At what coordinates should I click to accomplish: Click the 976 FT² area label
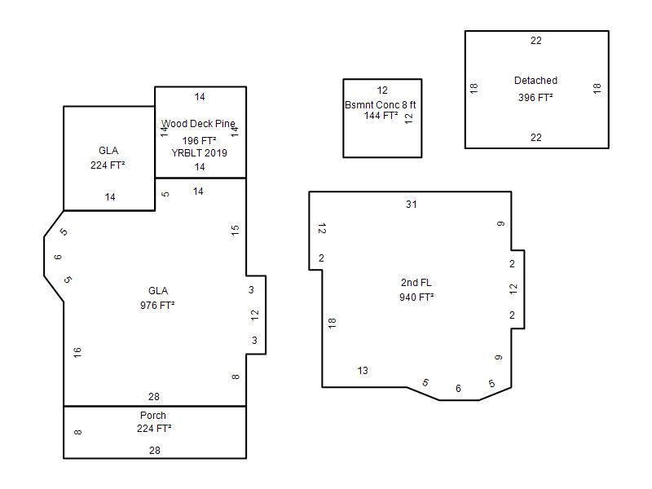click(157, 305)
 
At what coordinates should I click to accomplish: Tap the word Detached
click(535, 80)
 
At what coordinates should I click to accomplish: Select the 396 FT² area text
click(535, 97)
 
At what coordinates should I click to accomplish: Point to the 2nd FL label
click(416, 282)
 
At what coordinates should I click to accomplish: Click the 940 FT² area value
click(416, 297)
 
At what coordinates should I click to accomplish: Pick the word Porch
click(153, 415)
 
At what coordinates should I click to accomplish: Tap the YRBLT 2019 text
click(199, 153)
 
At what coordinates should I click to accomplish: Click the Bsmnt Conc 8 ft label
click(380, 104)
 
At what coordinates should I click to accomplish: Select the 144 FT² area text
click(381, 116)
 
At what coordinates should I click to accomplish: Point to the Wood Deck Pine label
click(198, 124)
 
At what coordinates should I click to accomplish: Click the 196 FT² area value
click(199, 140)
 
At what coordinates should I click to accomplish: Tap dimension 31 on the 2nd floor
click(412, 205)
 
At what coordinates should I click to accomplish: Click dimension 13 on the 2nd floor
click(363, 371)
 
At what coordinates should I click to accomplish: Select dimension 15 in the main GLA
click(236, 230)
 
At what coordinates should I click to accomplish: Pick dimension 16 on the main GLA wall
click(77, 353)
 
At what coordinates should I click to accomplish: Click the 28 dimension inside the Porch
click(155, 451)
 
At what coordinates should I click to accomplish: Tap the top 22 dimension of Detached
click(536, 40)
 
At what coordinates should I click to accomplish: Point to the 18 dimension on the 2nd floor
click(332, 323)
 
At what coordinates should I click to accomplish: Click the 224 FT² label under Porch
click(154, 429)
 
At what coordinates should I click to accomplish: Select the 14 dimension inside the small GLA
click(110, 197)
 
